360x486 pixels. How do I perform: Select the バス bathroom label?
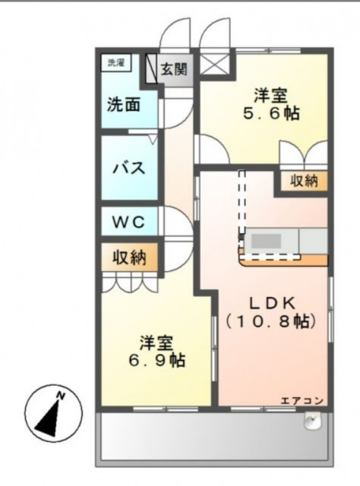click(129, 168)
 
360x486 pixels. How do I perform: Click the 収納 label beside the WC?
click(130, 257)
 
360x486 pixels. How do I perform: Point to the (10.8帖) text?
click(270, 321)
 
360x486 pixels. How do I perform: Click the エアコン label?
click(302, 401)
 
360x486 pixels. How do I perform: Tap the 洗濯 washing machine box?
click(115, 63)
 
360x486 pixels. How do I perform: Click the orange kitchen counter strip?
click(285, 260)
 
